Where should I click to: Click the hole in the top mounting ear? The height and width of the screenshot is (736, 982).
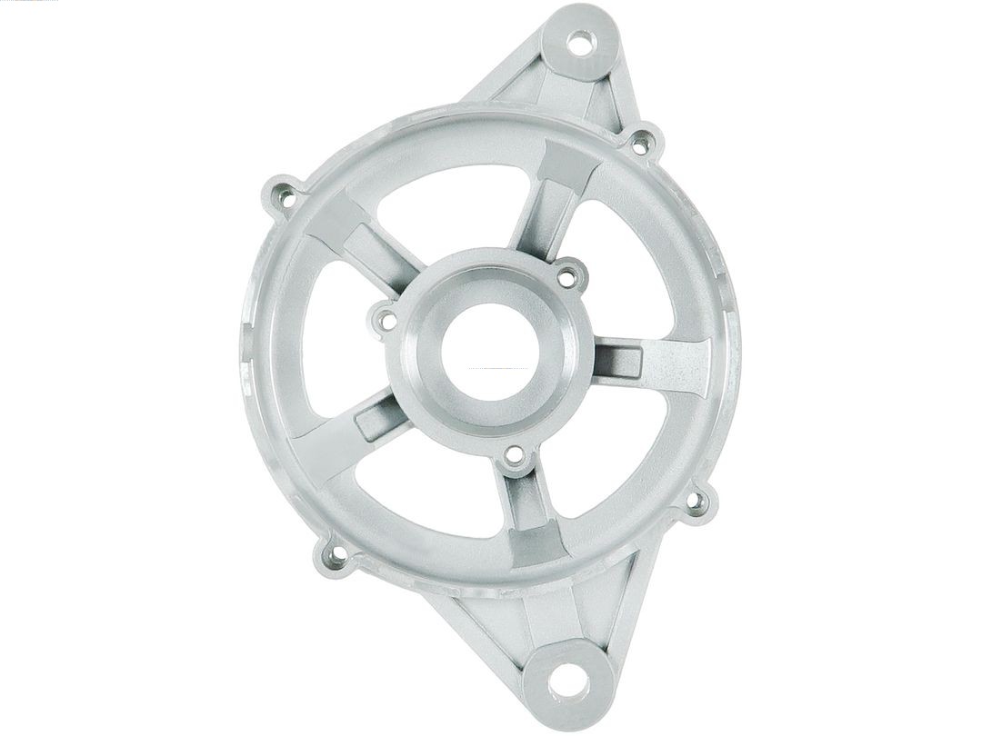click(x=579, y=41)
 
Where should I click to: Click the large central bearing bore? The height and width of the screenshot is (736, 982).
click(x=491, y=351)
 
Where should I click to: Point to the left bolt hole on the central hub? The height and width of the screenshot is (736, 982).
click(x=386, y=319)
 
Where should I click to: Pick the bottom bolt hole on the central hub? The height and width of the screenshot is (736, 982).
click(x=515, y=456)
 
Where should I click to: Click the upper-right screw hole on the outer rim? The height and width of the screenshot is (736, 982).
click(x=641, y=142)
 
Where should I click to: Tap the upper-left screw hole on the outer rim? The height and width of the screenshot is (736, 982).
click(x=286, y=194)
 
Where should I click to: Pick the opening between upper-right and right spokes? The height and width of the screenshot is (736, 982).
click(x=627, y=273)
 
